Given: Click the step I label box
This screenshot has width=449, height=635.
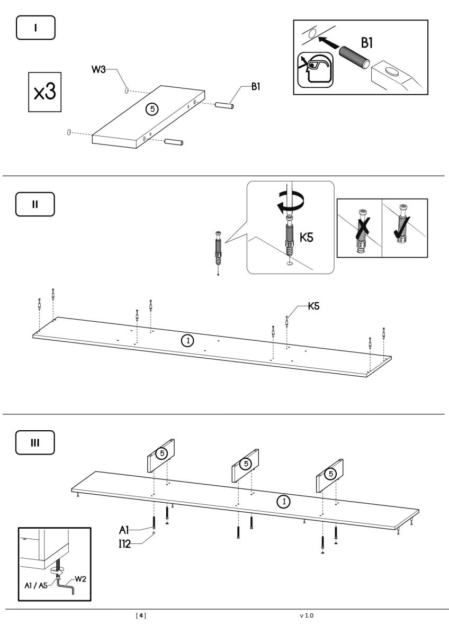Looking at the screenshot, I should pyautogui.click(x=35, y=28).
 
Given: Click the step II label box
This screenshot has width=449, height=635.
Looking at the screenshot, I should pyautogui.click(x=35, y=204).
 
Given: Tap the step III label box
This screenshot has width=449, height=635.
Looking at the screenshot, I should pyautogui.click(x=35, y=442).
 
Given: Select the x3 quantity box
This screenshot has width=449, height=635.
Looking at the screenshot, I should pyautogui.click(x=44, y=93).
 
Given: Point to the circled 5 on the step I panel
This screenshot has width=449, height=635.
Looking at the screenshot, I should pyautogui.click(x=152, y=109).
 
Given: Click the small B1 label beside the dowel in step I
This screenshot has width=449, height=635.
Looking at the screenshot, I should pyautogui.click(x=255, y=87).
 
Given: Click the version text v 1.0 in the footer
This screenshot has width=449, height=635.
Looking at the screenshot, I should pyautogui.click(x=307, y=615).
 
